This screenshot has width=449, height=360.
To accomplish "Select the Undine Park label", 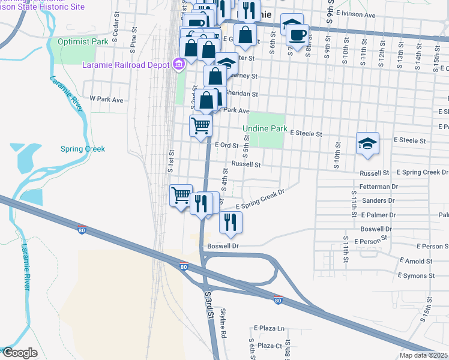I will click(x=265, y=128).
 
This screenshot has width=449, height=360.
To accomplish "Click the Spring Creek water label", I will click(x=83, y=149).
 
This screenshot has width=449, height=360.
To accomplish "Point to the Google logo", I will click(x=19, y=353).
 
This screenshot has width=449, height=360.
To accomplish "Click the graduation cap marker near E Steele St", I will click(x=367, y=143).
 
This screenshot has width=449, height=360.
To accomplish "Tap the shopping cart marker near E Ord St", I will click(x=200, y=126).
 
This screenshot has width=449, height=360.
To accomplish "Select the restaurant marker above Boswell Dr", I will click(x=231, y=222).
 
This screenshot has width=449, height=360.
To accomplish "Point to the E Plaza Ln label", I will click(x=269, y=328).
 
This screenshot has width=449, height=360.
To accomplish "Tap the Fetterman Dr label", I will click(x=379, y=187).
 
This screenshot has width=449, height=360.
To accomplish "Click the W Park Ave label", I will click(x=106, y=98).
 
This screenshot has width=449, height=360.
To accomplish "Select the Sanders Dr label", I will click(x=379, y=200).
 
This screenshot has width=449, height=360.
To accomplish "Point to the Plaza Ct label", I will click(x=270, y=346).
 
